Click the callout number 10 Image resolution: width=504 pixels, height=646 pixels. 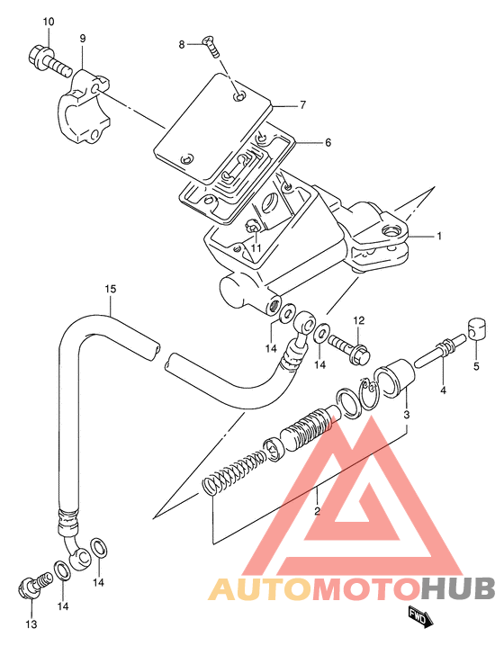tap(49, 22)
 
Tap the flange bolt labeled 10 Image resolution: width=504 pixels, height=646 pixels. tap(49, 61)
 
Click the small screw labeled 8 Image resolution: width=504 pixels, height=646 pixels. tap(211, 47)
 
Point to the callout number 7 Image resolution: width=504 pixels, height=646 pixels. tap(303, 105)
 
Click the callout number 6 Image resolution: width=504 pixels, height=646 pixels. tap(328, 142)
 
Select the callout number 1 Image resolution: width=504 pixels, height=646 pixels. tap(439, 236)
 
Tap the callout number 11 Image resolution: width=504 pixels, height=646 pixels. tap(256, 247)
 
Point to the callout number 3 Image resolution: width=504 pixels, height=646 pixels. tap(406, 415)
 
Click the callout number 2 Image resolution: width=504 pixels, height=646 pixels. tap(317, 511)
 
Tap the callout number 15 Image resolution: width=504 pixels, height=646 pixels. tap(110, 289)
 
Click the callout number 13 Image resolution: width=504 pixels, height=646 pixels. tap(31, 624)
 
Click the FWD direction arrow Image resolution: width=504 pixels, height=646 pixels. tap(420, 616)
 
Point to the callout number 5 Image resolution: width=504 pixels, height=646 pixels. tap(476, 366)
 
